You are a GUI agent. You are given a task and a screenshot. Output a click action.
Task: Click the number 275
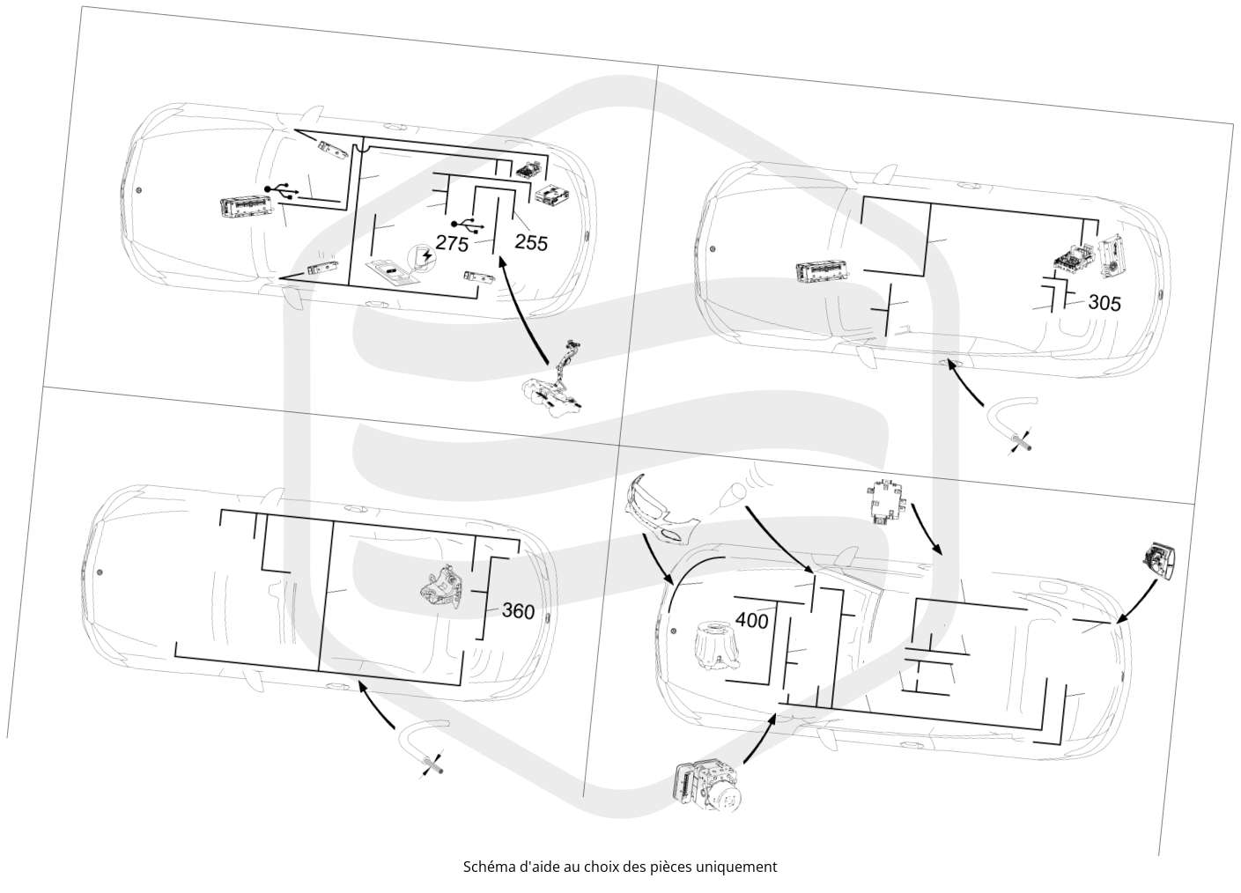click(452, 243)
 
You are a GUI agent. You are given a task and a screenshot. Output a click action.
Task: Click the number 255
click(531, 243)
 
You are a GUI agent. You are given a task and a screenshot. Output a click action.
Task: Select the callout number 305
click(1104, 302)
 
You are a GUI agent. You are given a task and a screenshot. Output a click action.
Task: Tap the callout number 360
click(518, 611)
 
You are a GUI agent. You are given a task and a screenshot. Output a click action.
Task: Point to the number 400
click(752, 621)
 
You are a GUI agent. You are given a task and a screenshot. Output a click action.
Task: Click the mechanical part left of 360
click(441, 588)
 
